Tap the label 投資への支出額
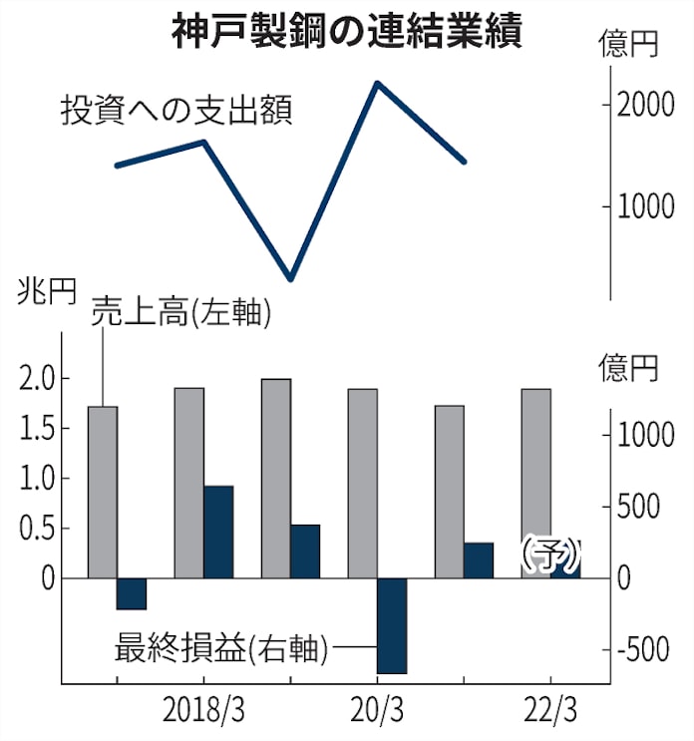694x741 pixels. tap(175, 110)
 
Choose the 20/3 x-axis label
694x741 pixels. tap(377, 712)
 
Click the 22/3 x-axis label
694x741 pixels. tap(549, 712)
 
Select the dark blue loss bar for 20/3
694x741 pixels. tap(392, 625)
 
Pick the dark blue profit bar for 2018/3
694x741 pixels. tap(218, 532)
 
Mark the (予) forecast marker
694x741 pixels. tap(549, 555)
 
